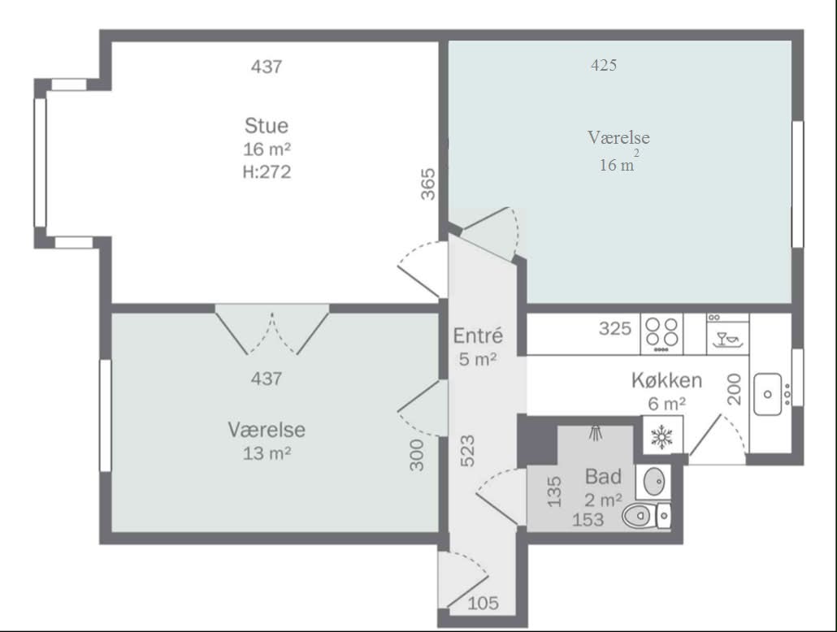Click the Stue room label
[x=267, y=126]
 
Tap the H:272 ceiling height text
[x=267, y=172]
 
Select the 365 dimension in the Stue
[x=428, y=184]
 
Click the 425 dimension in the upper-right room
[x=604, y=65]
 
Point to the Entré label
[x=478, y=335]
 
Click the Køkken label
[x=666, y=381]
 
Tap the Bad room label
[x=603, y=477]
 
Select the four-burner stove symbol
[x=662, y=334]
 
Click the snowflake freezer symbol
[x=662, y=437]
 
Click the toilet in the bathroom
[x=646, y=516]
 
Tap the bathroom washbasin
[x=654, y=483]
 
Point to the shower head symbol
[x=596, y=433]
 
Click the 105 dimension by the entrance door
[x=483, y=604]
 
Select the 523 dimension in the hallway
[x=467, y=451]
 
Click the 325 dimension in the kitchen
[x=615, y=328]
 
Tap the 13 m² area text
[x=267, y=453]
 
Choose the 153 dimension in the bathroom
[x=588, y=519]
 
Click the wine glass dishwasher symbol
[x=727, y=339]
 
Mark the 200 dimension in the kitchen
[x=735, y=389]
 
